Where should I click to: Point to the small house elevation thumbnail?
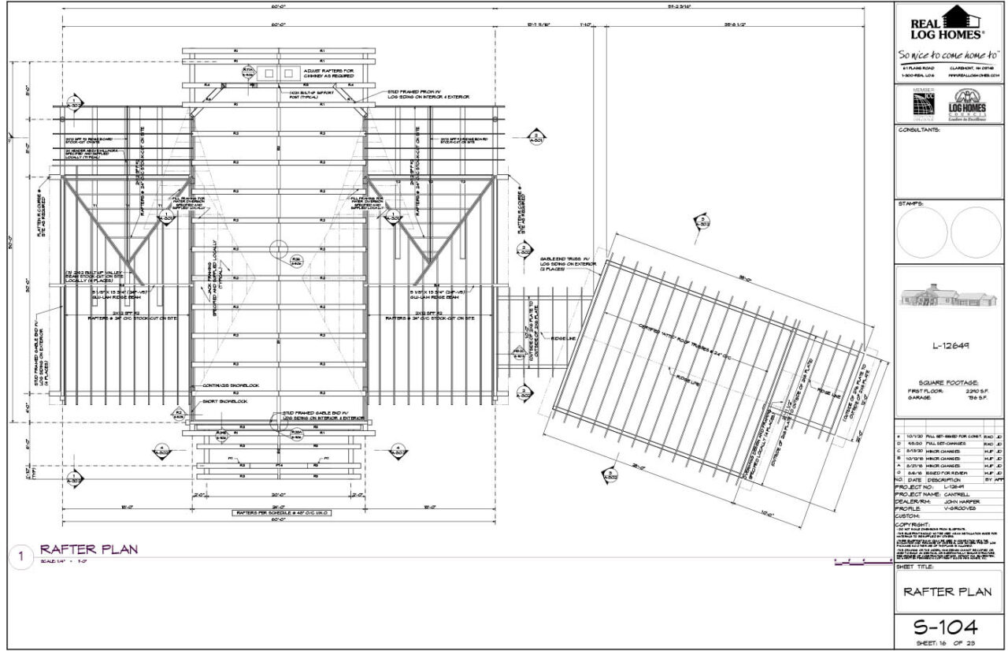(949, 299)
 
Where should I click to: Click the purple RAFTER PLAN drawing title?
(89, 549)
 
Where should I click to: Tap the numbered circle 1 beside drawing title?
(21, 557)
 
